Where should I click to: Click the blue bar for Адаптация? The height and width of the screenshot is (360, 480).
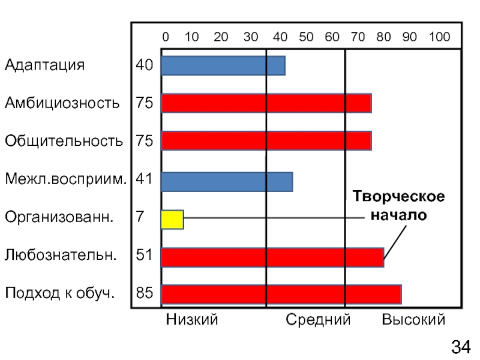click(223, 65)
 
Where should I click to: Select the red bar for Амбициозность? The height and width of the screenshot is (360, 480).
click(266, 103)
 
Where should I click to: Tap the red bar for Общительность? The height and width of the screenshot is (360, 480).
click(266, 140)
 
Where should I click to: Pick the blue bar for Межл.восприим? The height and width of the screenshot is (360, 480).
click(227, 182)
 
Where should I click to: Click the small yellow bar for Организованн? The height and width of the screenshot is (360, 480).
click(172, 220)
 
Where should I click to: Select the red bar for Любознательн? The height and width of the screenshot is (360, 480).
click(272, 257)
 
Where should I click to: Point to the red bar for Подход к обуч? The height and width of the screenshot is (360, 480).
click(281, 295)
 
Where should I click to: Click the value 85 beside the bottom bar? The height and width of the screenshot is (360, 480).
click(144, 295)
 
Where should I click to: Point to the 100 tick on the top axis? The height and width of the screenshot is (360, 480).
click(439, 37)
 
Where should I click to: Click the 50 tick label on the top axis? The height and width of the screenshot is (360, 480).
click(306, 37)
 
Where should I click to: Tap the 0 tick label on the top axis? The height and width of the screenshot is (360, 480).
click(166, 37)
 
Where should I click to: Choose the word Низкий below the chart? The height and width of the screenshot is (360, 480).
click(192, 320)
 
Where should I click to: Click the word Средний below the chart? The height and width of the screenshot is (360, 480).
click(318, 320)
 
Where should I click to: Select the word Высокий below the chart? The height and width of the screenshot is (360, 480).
click(413, 320)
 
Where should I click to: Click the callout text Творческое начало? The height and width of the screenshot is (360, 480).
click(398, 206)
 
